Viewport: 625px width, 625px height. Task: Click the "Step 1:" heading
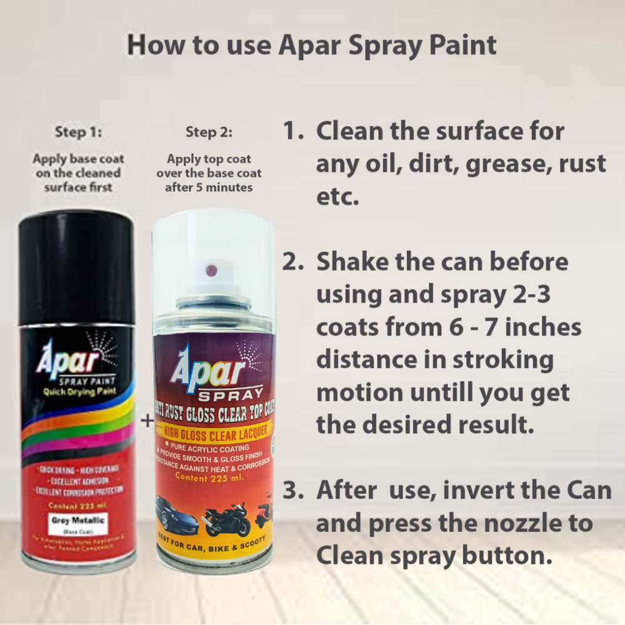(78, 132)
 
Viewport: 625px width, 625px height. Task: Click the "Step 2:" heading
(209, 132)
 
